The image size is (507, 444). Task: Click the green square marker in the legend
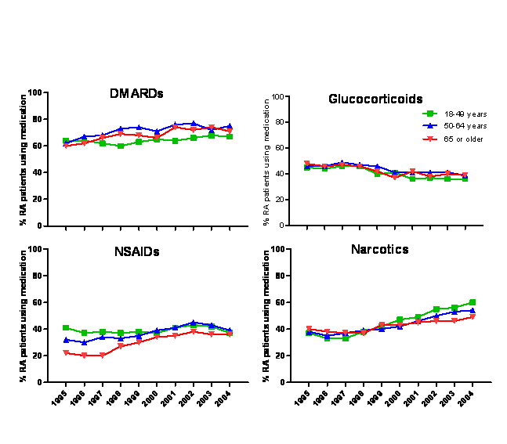click(430, 114)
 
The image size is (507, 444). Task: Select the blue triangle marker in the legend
click(430, 126)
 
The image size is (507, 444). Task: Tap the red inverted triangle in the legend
click(430, 139)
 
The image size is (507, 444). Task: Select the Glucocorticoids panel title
click(376, 99)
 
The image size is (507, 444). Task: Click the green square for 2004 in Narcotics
click(473, 302)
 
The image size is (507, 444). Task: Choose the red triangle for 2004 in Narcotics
click(473, 317)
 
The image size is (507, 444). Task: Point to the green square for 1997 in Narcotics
click(346, 338)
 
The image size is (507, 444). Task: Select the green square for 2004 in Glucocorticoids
click(465, 179)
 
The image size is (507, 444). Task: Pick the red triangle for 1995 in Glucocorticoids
click(307, 164)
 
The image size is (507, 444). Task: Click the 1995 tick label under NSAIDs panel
click(60, 399)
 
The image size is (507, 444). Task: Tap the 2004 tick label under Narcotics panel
click(466, 399)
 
